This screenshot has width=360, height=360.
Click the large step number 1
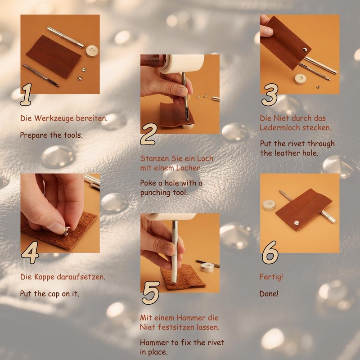(26, 94)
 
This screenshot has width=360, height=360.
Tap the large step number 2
(149, 134)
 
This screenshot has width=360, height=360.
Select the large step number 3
(270, 94)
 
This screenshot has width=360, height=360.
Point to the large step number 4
(30, 252)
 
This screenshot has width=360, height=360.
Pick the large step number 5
(151, 293)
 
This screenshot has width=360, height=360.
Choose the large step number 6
(270, 252)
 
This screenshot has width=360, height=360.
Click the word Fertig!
(271, 277)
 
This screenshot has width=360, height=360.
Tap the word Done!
(269, 294)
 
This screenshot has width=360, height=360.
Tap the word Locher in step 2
(189, 168)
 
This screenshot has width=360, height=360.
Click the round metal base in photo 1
(92, 51)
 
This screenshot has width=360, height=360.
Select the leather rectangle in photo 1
(54, 57)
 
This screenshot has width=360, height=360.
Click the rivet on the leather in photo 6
(297, 222)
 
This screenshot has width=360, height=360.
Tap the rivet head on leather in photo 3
(305, 49)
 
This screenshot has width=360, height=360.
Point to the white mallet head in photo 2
(183, 63)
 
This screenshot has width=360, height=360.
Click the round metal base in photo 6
(269, 205)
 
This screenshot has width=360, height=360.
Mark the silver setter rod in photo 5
(175, 252)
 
